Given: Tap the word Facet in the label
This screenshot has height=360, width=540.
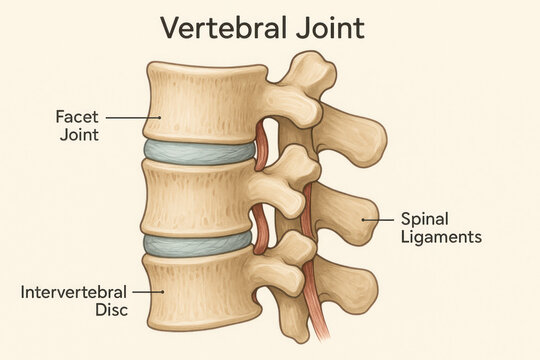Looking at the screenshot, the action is (76, 116).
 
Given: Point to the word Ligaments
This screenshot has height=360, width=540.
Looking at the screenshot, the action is (441, 237).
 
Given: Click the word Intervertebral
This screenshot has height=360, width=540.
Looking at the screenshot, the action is (74, 292).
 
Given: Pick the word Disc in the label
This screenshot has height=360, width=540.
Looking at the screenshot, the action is (74, 311).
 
